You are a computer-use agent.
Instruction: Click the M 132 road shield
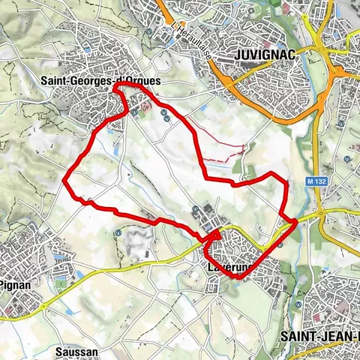coord(316,181)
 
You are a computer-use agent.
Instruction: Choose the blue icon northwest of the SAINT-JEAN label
coord(299,305)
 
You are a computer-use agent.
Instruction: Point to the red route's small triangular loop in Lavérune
coord(214,236)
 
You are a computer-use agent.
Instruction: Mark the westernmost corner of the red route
coord(65,179)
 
